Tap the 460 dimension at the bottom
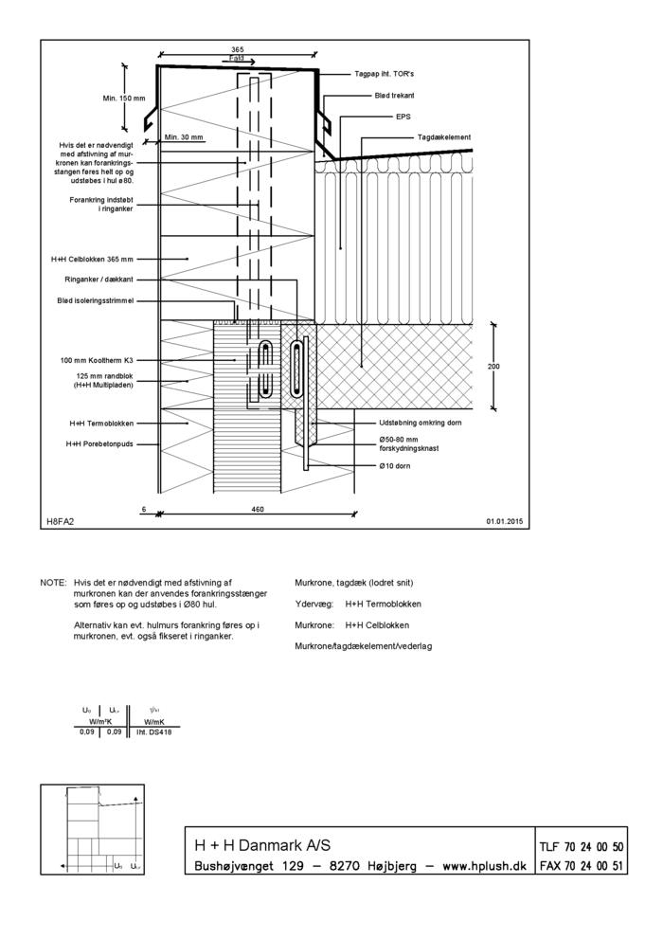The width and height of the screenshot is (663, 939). [258, 509]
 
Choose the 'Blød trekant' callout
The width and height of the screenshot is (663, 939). [391, 96]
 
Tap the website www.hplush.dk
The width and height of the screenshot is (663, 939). [485, 866]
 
